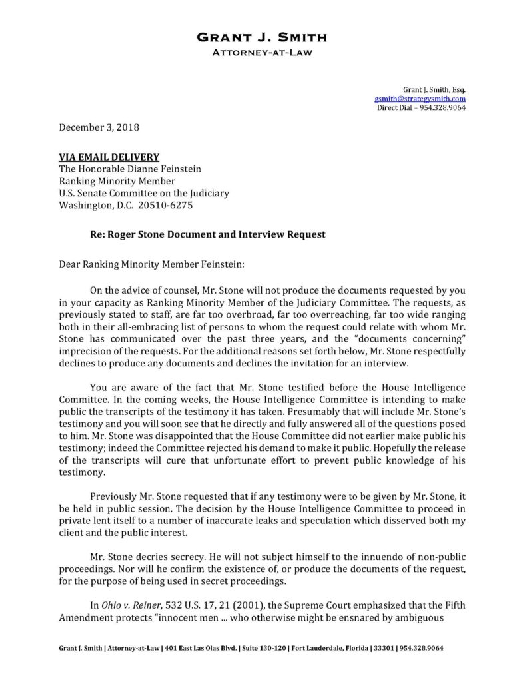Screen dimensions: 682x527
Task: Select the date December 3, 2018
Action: [x=100, y=126]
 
